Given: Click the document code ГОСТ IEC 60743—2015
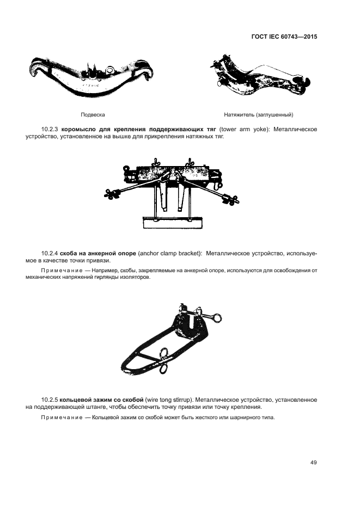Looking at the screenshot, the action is pos(284,36).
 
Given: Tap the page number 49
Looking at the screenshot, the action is pos(314,462).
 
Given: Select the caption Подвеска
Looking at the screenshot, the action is pos(93,114).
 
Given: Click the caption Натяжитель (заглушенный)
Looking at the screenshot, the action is pos(258,114).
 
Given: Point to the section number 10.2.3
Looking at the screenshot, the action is pos(50,130).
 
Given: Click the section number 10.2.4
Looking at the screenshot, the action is pos(50,253).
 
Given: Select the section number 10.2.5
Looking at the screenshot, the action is pos(50,400).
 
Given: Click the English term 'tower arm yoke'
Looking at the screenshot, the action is pos(243,130).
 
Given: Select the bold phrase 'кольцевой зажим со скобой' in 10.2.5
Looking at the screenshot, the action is pos(102,400).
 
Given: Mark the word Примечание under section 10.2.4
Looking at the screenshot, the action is pos(62,271).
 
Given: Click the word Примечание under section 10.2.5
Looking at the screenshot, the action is pos(62,417).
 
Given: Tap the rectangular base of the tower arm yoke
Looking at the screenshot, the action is pos(173,222).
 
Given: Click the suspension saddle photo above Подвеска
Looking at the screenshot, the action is pos(91,76).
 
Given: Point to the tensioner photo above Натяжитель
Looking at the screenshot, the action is pos(260,76).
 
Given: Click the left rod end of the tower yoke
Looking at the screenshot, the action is pos(112,194).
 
